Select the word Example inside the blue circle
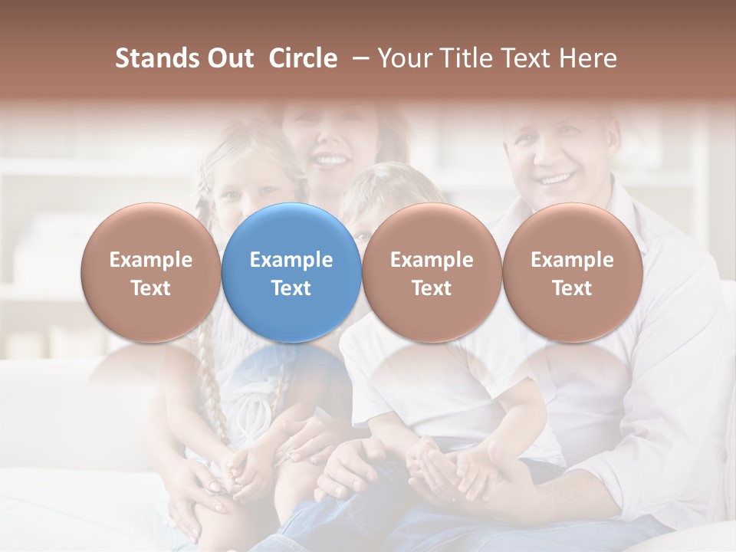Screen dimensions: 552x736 click(291, 260)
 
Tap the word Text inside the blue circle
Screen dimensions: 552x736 click(291, 288)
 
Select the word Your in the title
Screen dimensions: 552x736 click(404, 58)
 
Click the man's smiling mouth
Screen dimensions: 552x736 click(558, 179)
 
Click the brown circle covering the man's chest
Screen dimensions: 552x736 click(572, 272)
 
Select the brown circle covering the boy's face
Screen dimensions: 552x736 click(432, 272)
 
